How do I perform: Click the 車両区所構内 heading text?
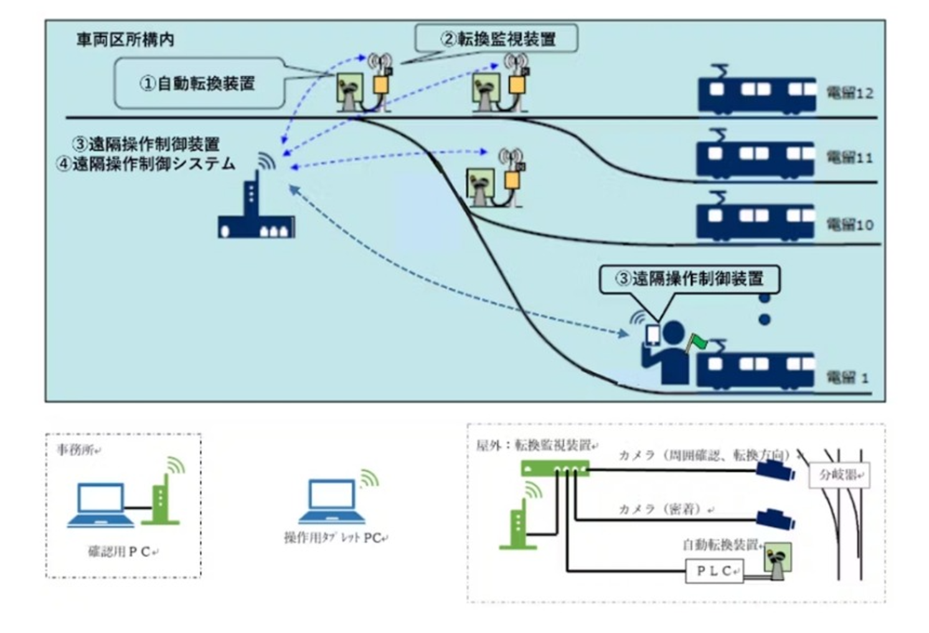point(125,40)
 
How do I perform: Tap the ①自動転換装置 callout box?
point(198,83)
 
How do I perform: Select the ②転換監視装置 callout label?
point(497,39)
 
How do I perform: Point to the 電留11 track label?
point(849,157)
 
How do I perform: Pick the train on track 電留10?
point(755,218)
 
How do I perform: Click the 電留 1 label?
point(847,377)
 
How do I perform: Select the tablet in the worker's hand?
point(653,334)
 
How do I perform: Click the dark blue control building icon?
point(256,212)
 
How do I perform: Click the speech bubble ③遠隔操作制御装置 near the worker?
point(689,279)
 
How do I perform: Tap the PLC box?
point(714,571)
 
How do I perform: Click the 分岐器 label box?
point(839,475)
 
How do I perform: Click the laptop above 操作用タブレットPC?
point(331,501)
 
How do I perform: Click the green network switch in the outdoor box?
point(555,468)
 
